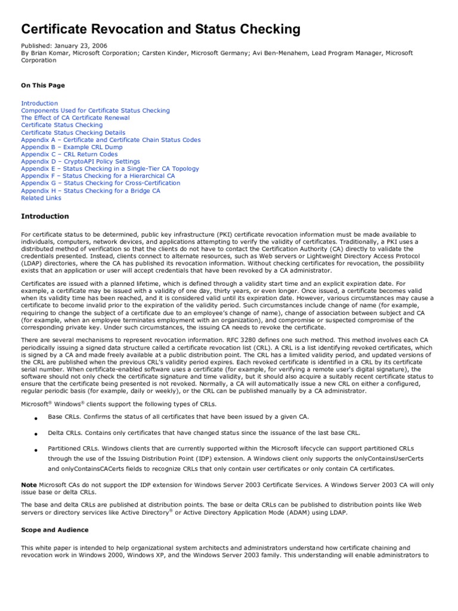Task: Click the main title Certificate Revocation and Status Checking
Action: pos(160,29)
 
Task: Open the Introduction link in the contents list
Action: pos(39,103)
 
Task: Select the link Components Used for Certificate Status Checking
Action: pos(95,110)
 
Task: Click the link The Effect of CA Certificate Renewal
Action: pos(75,118)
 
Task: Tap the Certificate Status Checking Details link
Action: pos(73,132)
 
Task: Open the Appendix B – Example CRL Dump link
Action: pos(72,147)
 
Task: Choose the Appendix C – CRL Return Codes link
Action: pos(69,154)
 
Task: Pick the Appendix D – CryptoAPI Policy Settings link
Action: pos(81,161)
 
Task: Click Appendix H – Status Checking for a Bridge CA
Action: pos(91,190)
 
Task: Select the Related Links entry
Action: pos(41,198)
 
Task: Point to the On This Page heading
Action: pos(43,85)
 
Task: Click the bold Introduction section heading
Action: pos(45,216)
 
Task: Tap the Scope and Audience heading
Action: pos(54,530)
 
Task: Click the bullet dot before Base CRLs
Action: pos(35,418)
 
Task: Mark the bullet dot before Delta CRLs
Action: pos(35,434)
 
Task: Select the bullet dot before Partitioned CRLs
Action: pos(35,449)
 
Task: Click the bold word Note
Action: pos(29,485)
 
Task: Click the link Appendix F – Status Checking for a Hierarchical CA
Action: pos(98,176)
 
